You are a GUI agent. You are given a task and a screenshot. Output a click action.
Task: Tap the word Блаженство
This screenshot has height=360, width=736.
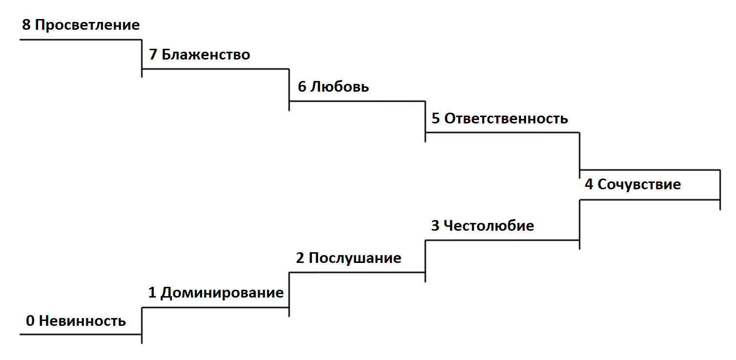coord(205,54)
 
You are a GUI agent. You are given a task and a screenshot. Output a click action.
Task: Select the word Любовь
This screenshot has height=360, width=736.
coord(340,87)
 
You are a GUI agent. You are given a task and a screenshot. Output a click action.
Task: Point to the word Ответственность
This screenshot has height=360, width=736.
coord(506,119)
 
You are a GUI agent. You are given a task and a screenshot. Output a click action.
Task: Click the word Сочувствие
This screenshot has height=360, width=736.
coord(639,185)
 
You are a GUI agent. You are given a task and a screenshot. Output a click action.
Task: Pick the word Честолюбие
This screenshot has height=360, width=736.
coord(489,226)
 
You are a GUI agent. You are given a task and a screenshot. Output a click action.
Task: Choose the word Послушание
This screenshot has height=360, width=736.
coord(355,258)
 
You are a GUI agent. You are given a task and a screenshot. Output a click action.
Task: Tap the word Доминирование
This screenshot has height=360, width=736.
coord(222,293)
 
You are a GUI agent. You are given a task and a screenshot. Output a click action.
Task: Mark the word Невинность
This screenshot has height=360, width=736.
coord(82,321)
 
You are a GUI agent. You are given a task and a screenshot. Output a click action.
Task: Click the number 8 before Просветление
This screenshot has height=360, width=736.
coord(26,25)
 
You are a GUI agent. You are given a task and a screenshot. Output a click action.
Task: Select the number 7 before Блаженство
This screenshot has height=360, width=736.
coord(153,54)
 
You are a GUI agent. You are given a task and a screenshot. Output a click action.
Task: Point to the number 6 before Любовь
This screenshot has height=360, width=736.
coord(302,87)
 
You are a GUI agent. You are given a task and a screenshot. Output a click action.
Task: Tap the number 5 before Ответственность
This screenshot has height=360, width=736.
coord(435,119)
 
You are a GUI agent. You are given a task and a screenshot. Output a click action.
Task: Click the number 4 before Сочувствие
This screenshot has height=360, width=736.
coord(589,185)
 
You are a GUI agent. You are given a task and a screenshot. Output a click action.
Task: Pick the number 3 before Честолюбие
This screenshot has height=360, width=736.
coord(435,226)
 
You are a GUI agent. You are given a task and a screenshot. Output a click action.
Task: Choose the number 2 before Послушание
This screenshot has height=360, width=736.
coord(300,258)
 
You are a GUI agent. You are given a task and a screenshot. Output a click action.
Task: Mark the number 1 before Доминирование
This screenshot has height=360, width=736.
coord(152,293)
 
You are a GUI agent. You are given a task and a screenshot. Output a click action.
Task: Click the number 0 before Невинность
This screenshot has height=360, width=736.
coord(30,321)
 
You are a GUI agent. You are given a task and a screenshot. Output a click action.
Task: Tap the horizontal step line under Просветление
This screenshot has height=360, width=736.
coord(81,39)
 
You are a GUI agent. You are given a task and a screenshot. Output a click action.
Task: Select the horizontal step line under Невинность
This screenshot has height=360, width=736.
coord(81,335)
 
